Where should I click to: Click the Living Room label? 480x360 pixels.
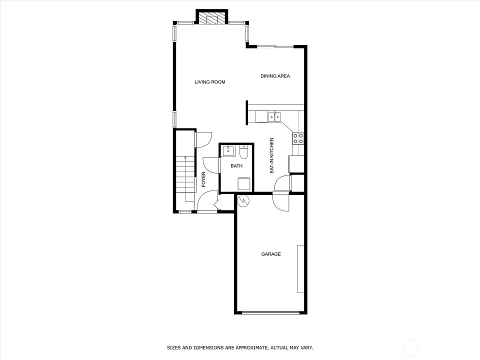(210, 82)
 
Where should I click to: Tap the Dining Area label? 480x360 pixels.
(275, 76)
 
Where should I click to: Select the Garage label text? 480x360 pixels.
(271, 254)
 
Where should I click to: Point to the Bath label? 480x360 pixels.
(236, 166)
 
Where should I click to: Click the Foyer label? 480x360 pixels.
(203, 179)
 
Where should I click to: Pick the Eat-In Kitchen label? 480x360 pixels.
(271, 155)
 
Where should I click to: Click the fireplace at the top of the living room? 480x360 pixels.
(212, 18)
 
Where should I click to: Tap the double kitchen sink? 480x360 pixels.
(274, 117)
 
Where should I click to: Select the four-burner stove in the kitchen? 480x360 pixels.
(298, 138)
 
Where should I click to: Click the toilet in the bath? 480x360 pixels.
(243, 152)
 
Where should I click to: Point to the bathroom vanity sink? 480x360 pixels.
(228, 151)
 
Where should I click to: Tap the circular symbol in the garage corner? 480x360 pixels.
(243, 200)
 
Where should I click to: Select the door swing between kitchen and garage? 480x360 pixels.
(281, 202)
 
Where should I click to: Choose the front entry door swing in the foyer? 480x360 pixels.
(207, 200)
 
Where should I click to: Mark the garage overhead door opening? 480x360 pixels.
(270, 312)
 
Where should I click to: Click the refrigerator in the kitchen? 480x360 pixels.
(296, 164)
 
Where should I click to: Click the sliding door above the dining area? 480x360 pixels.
(275, 46)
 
